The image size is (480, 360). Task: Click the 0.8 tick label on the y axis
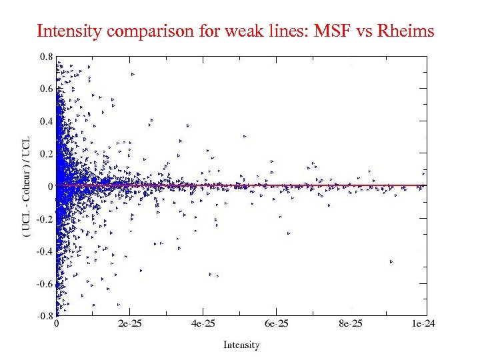(45, 57)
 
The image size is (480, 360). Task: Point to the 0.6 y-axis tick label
(45, 89)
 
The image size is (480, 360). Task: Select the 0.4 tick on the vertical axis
(45, 121)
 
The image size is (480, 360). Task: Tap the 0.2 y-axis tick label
(45, 153)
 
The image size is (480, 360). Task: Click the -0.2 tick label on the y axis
(43, 218)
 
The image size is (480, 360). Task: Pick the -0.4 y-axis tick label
(43, 251)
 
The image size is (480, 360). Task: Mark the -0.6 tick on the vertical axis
(43, 283)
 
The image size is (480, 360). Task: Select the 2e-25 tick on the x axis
(129, 325)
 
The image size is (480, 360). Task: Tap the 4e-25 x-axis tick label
(203, 325)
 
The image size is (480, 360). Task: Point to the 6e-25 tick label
(277, 325)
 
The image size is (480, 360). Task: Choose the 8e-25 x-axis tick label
(351, 325)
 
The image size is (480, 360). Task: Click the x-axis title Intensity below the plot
(241, 345)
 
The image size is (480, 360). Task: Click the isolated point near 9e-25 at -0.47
(391, 261)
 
